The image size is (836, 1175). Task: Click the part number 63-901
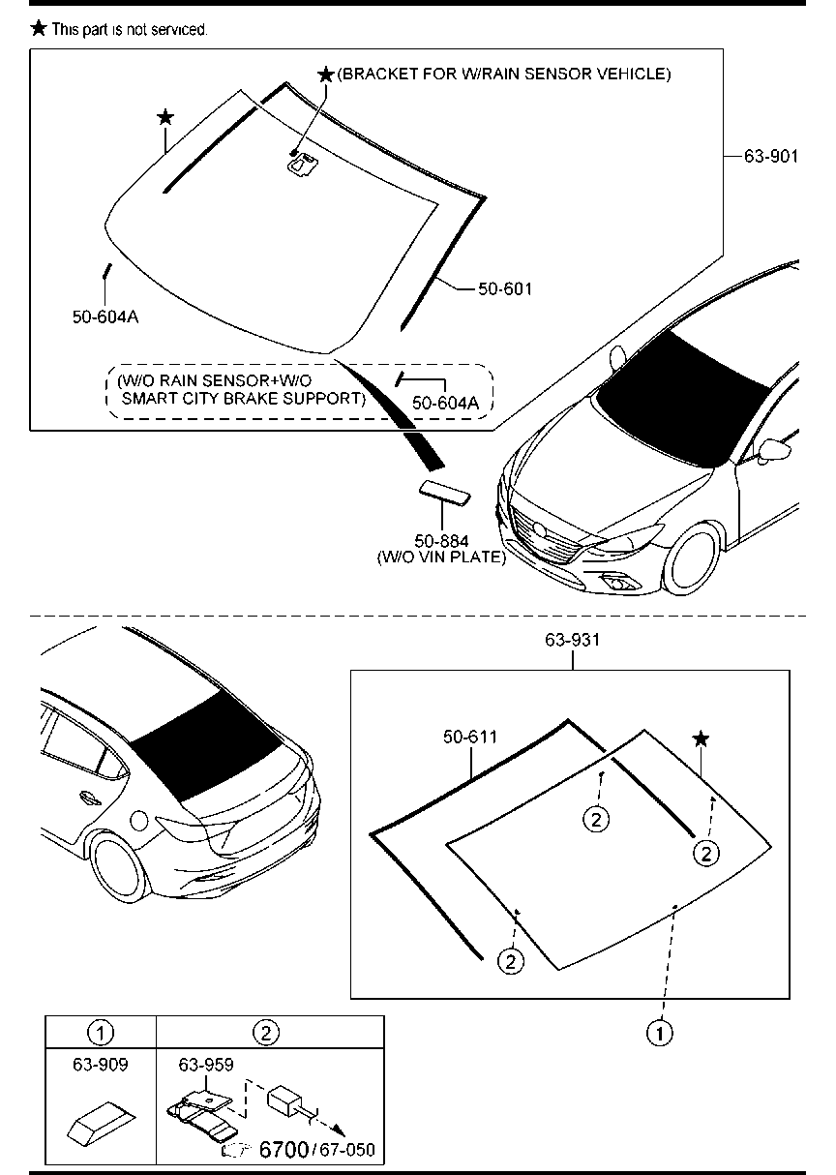(x=771, y=155)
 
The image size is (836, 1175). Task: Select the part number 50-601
(x=505, y=288)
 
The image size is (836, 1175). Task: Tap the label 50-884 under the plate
(x=441, y=542)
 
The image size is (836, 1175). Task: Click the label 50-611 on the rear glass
(x=470, y=738)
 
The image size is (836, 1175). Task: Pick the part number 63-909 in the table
(x=101, y=1065)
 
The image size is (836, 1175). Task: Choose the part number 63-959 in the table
(x=206, y=1065)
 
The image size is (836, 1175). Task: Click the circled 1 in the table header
(x=101, y=1033)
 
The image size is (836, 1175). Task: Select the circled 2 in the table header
(x=266, y=1033)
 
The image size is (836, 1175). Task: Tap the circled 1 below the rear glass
(x=660, y=1033)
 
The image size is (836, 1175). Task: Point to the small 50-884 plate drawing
(x=444, y=492)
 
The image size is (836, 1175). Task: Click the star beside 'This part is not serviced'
(x=39, y=28)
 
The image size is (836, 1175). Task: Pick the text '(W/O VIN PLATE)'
(x=441, y=557)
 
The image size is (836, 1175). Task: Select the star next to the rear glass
(x=702, y=739)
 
